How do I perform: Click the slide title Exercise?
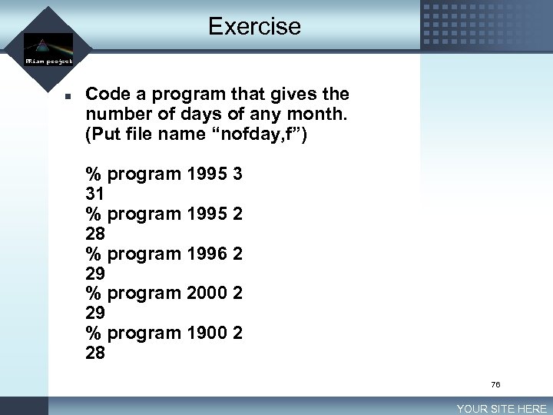(x=254, y=26)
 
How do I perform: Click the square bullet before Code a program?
(x=68, y=97)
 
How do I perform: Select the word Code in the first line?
(x=107, y=95)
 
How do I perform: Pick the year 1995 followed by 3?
(x=207, y=174)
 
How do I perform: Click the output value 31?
(x=95, y=194)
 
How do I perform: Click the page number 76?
(x=495, y=384)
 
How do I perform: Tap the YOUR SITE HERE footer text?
(x=502, y=409)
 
